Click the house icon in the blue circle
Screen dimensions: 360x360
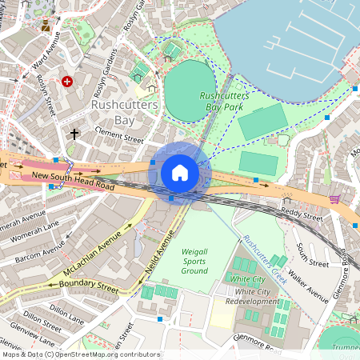[180, 173]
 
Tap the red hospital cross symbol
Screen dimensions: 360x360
[67, 81]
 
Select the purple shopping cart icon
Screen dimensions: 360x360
[334, 198]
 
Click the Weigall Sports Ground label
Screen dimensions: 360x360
[195, 261]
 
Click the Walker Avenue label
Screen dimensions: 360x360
[308, 285]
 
